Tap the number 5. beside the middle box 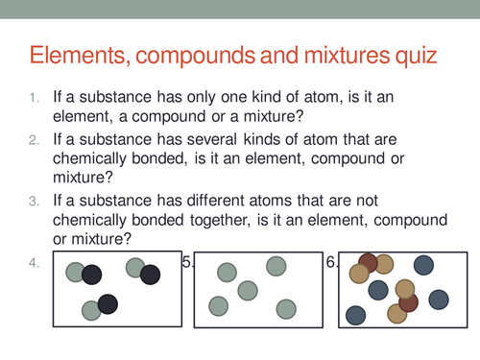coord(188,262)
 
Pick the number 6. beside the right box coord(332,262)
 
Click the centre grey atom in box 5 coord(249,289)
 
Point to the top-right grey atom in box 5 coord(276,266)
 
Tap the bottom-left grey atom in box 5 coord(219,306)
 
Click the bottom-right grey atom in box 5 coord(285,308)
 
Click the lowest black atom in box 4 coord(108,304)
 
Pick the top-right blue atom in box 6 coord(423,265)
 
